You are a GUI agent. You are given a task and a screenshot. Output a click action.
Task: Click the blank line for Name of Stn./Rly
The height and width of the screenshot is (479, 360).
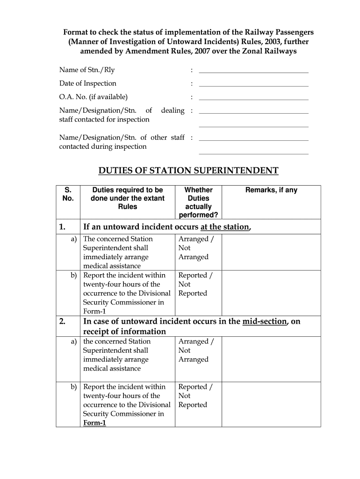[253, 72]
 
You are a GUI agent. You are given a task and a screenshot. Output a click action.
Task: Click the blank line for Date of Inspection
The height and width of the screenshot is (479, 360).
[253, 85]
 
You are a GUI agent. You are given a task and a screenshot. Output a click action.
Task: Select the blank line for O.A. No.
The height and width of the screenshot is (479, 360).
[253, 99]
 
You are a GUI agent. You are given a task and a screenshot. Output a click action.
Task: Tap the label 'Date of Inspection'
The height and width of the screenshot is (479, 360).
[88, 83]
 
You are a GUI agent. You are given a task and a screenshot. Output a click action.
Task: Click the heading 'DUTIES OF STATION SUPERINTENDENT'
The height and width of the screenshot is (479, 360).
[188, 171]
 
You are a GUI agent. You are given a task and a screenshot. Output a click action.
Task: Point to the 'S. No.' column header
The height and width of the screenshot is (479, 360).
[68, 194]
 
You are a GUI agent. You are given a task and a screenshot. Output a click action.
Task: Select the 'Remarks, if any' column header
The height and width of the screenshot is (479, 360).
[271, 190]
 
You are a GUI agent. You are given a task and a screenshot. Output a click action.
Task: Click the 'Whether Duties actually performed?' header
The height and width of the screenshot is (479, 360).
[198, 203]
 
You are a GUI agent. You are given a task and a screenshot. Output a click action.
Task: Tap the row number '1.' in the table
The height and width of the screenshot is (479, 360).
[63, 227]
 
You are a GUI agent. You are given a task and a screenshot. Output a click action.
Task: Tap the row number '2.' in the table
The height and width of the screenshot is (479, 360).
[63, 321]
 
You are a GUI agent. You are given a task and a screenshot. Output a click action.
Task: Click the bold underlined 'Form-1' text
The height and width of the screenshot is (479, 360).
[95, 423]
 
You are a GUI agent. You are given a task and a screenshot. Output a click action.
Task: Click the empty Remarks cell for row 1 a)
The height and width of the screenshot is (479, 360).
[271, 252]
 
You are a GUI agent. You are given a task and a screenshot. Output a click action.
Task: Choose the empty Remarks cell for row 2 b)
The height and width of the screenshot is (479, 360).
[271, 404]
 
